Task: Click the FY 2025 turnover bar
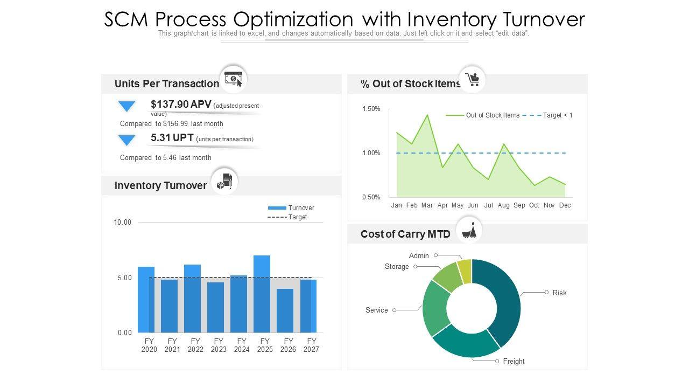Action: [x=262, y=294]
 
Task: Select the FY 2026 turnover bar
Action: [x=285, y=311]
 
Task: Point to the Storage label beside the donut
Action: [x=397, y=267]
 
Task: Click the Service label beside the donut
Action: [x=376, y=310]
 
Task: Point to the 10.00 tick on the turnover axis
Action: [x=123, y=222]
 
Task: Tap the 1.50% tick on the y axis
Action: [x=371, y=109]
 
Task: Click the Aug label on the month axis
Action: [x=504, y=205]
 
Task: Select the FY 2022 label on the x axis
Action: [x=195, y=345]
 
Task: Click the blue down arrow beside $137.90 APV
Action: [x=127, y=107]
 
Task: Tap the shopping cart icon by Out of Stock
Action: [x=473, y=80]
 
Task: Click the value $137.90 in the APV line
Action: [x=169, y=104]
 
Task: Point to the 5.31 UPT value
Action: [x=160, y=137]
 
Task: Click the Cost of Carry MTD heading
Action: [x=405, y=234]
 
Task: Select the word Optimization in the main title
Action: [x=293, y=19]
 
